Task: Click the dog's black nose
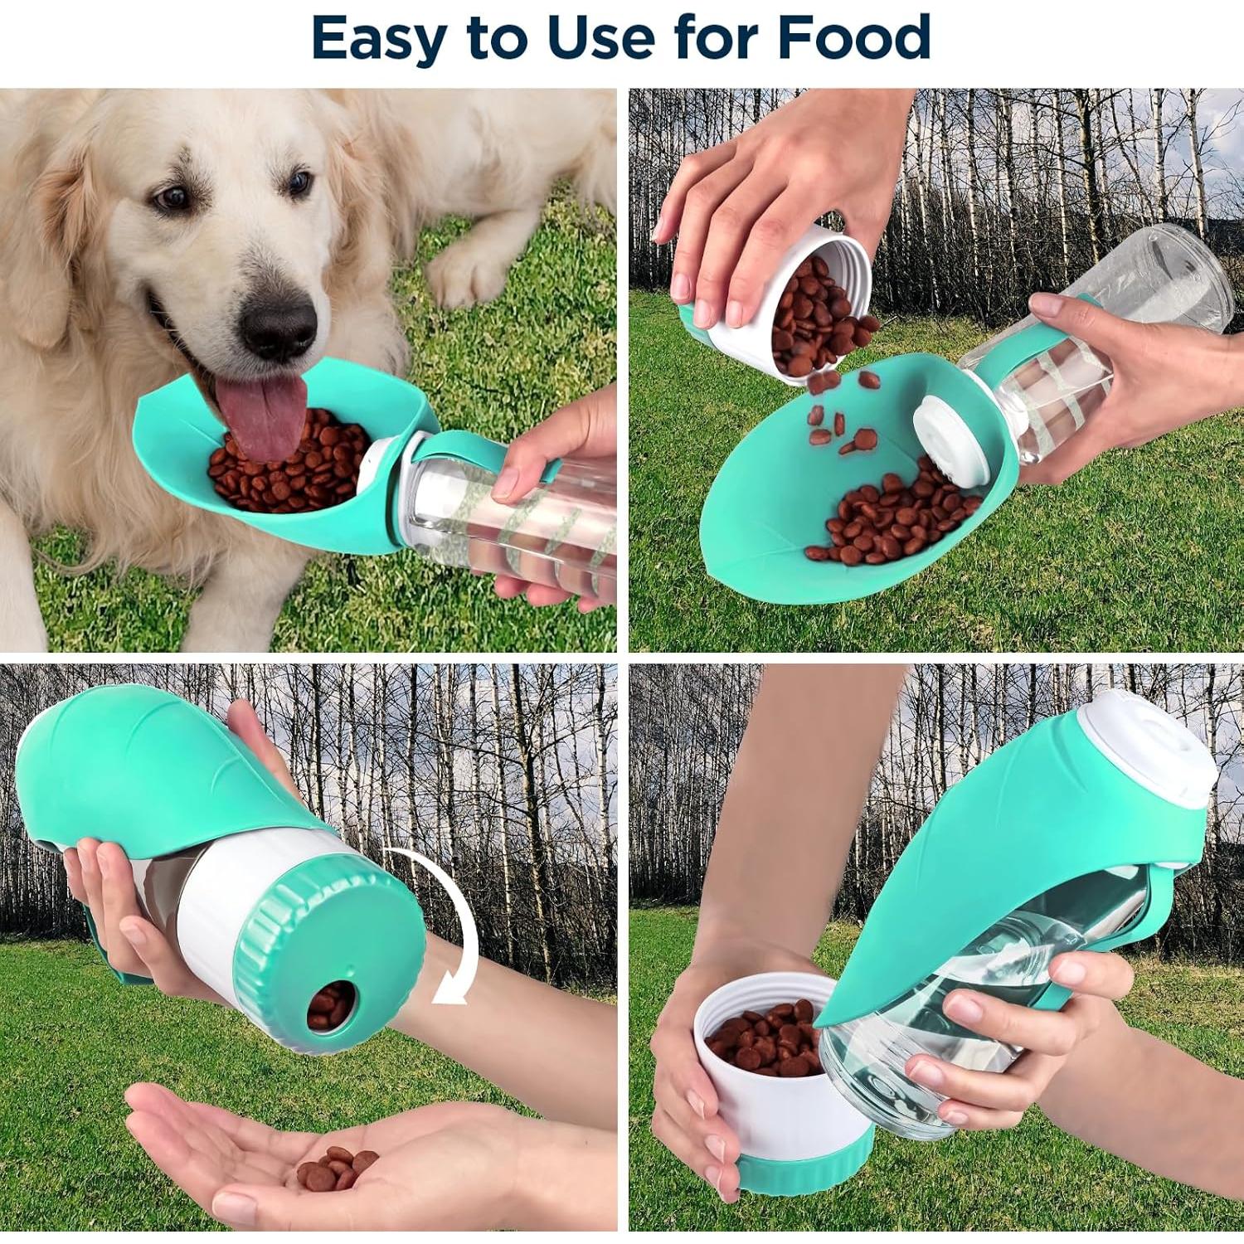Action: coord(279,324)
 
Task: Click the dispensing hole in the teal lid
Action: coord(329,1006)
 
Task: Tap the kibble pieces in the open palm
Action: coord(336,1166)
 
